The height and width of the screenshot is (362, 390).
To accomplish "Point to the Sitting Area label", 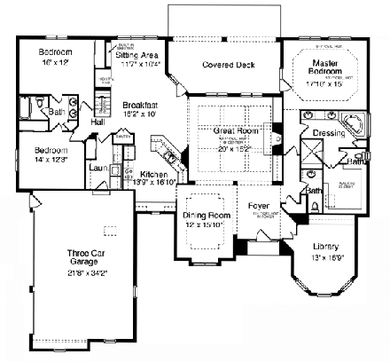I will (x=136, y=54).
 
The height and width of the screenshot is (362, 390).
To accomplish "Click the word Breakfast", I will (x=140, y=105).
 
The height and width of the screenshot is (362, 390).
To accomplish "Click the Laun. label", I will (x=98, y=166).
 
